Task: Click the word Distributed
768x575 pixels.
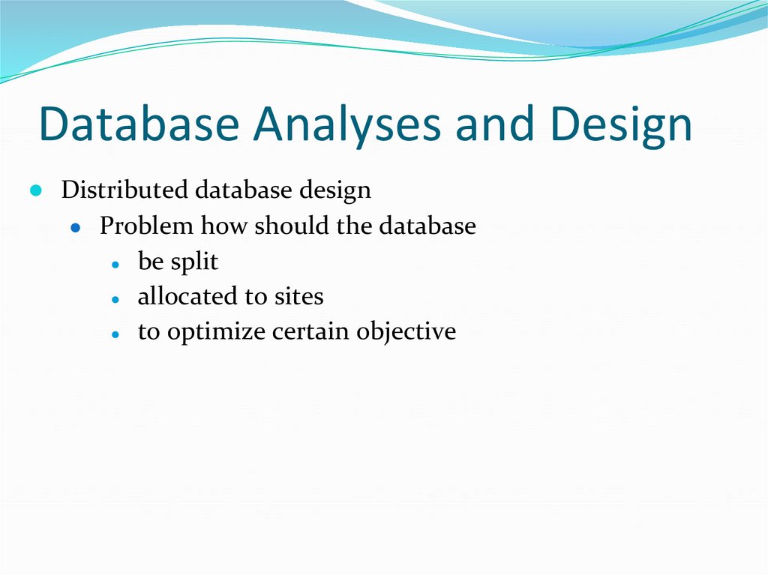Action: point(124,190)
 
